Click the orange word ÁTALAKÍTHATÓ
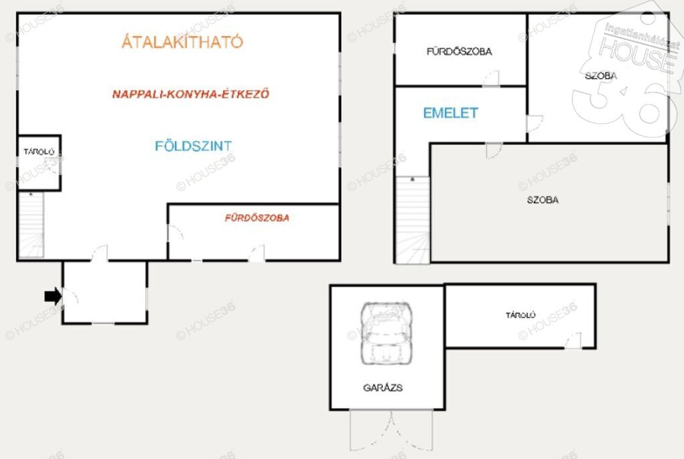coord(182,41)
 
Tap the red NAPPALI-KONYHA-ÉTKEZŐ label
coord(191,94)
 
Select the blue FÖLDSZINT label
coord(193,146)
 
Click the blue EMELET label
coord(451,113)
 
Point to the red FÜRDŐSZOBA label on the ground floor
coord(257,218)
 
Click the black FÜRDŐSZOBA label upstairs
coord(460,51)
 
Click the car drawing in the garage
coord(387,333)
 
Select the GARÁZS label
coord(383,388)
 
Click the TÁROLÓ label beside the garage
coord(520,315)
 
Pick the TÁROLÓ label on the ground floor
coord(39,152)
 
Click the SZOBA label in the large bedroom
coord(542,200)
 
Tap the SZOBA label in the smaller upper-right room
coord(601,76)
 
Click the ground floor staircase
coord(31,224)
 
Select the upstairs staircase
coord(413,220)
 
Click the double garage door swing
coord(391,430)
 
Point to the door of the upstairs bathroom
coord(491,79)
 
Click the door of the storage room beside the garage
coord(573,340)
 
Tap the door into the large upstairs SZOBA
coord(494,150)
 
